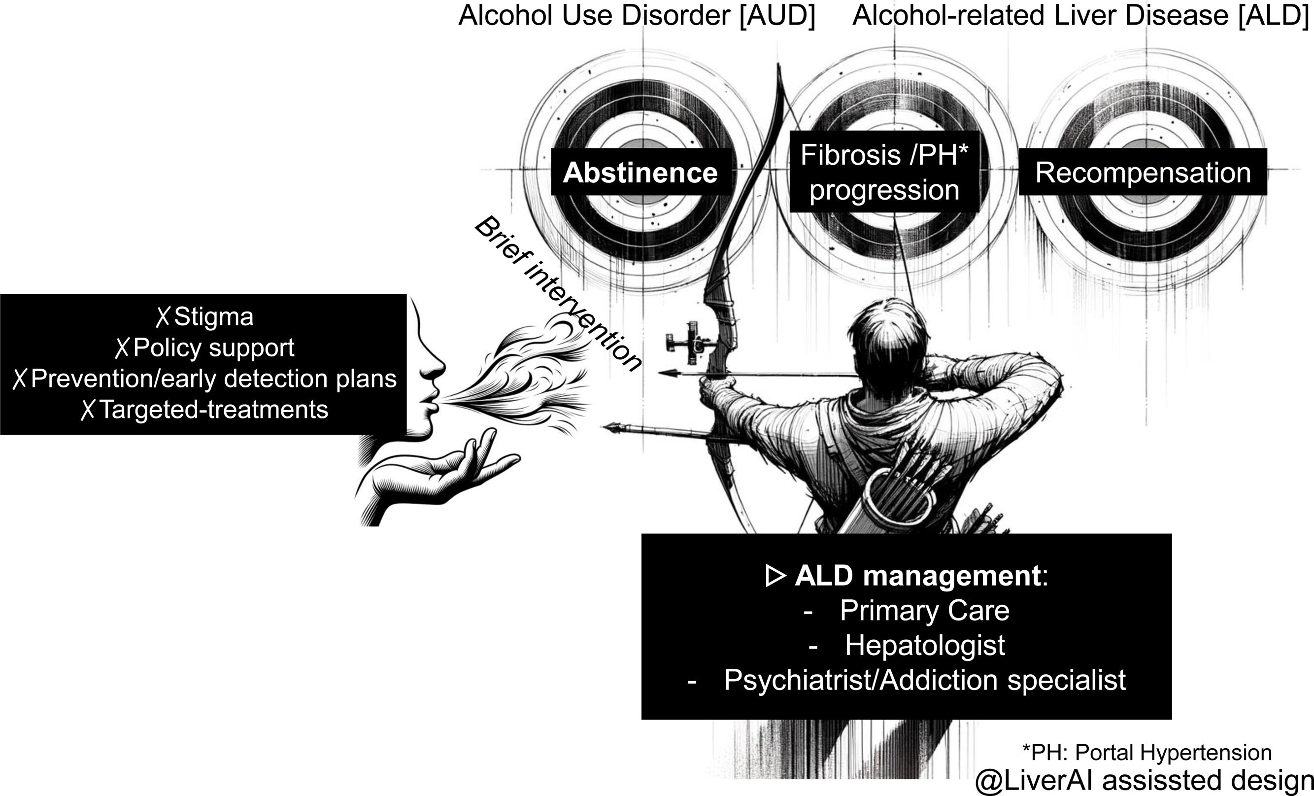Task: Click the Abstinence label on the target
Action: (x=640, y=173)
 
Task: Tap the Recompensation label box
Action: (x=1143, y=173)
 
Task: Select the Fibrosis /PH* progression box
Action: (x=884, y=173)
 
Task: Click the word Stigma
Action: (x=213, y=317)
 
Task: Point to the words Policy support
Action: (x=213, y=348)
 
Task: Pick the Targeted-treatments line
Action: (x=213, y=410)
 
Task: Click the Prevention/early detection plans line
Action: (x=213, y=379)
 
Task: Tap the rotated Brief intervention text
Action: (x=557, y=293)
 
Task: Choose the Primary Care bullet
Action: (x=924, y=611)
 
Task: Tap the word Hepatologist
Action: (x=925, y=646)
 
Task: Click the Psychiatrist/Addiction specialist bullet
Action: (x=924, y=680)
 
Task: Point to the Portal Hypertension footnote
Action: (x=1146, y=752)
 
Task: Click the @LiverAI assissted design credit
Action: (x=1144, y=781)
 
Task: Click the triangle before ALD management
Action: (x=775, y=576)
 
